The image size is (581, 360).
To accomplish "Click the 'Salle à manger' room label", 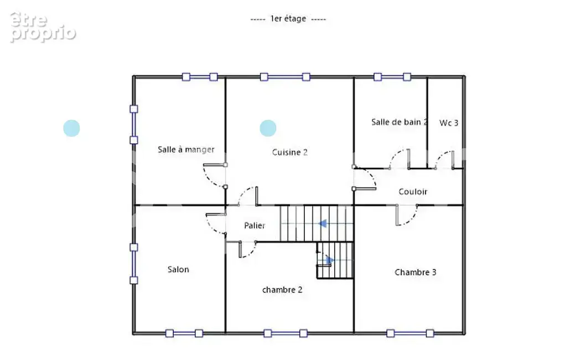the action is click(x=186, y=150).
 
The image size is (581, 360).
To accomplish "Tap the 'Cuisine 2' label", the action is click(x=290, y=152).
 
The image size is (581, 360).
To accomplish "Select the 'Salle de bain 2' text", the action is click(x=400, y=122).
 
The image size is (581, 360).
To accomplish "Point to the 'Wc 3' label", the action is click(x=449, y=123).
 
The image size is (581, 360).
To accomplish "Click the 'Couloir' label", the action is click(x=413, y=192).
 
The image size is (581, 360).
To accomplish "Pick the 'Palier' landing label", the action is click(x=255, y=226).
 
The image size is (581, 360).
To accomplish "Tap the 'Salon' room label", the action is click(x=178, y=270).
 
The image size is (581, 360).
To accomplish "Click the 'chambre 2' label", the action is click(x=282, y=290).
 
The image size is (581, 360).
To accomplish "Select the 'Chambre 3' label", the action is click(x=416, y=272).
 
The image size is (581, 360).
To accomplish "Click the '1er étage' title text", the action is click(x=288, y=18).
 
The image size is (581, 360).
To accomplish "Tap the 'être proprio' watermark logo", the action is click(x=43, y=27).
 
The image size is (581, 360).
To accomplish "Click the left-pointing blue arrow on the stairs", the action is click(x=323, y=223).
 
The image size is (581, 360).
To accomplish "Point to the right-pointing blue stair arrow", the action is click(x=329, y=260).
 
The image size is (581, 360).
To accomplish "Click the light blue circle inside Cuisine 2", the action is click(x=268, y=128).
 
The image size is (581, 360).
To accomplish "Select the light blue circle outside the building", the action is click(x=71, y=128).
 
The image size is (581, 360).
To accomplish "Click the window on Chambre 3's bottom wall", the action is click(x=410, y=333).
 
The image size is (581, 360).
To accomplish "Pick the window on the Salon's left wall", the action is click(x=134, y=264).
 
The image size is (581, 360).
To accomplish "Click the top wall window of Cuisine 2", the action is click(x=285, y=77).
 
